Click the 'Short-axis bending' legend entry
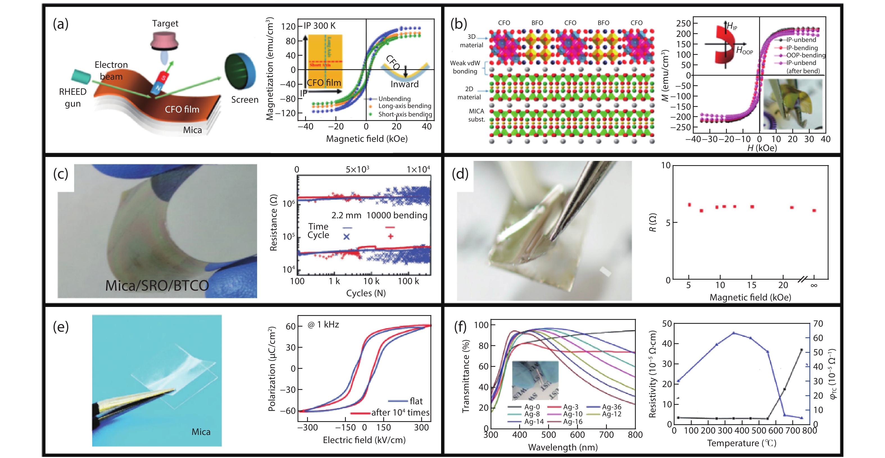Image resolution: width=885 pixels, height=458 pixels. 405,114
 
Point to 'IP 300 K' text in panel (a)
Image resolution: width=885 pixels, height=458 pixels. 319,26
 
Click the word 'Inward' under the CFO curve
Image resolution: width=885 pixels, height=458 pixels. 404,84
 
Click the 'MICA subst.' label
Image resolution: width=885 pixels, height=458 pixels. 476,115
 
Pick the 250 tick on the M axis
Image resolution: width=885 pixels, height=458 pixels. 683,23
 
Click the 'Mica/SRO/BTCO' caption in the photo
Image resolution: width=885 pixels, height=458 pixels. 157,286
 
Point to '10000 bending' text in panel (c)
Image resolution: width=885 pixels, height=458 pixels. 397,215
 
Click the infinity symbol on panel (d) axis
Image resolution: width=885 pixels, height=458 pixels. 814,285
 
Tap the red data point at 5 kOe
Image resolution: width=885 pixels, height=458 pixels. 689,205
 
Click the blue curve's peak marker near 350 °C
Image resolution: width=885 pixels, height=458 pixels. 734,333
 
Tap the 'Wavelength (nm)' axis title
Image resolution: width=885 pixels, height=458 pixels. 563,447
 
